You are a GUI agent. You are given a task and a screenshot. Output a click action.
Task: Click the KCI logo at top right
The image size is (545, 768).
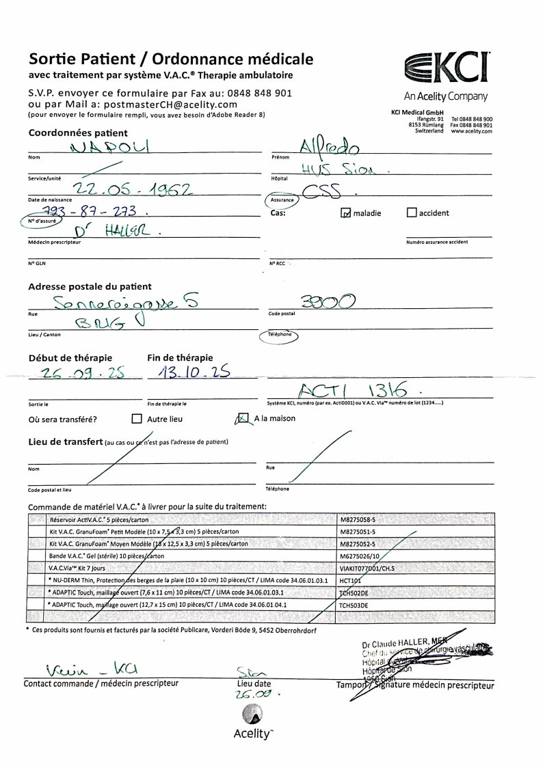[447, 68]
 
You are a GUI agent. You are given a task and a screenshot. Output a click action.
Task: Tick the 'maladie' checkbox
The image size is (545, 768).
[346, 212]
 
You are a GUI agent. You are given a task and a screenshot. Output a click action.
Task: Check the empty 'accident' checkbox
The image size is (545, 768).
[412, 212]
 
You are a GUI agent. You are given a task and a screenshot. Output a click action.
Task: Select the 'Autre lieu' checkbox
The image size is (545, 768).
[137, 419]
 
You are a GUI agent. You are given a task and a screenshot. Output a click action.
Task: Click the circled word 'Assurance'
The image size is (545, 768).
[282, 200]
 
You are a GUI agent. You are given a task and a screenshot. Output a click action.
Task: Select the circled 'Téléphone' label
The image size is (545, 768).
[279, 335]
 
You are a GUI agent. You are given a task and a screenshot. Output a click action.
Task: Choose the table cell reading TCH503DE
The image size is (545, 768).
[354, 605]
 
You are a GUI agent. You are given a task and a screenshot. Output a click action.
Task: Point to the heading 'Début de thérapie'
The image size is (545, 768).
[70, 358]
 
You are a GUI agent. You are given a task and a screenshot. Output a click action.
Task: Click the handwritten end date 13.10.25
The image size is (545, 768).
[189, 373]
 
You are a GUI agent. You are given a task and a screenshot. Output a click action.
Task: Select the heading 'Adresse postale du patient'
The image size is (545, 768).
[90, 286]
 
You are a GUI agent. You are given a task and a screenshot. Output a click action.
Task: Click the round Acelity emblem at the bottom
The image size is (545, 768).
[252, 714]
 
